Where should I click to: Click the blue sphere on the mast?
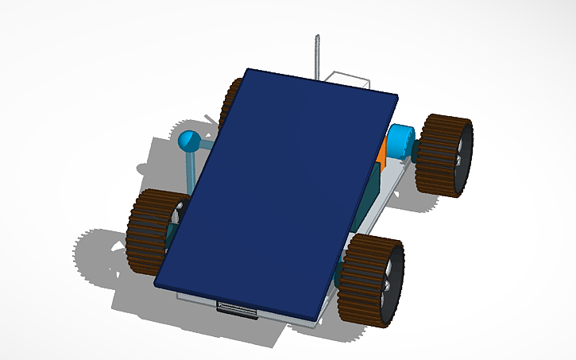click(x=189, y=141)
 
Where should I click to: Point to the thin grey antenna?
click(x=316, y=56)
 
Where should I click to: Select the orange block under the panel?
click(x=382, y=153)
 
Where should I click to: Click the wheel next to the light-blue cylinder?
click(x=445, y=155)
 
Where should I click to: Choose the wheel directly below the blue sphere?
click(x=152, y=230)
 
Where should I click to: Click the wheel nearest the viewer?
click(x=372, y=280)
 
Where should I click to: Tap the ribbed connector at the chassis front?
click(x=237, y=310)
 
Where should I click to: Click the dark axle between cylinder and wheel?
click(x=417, y=149)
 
